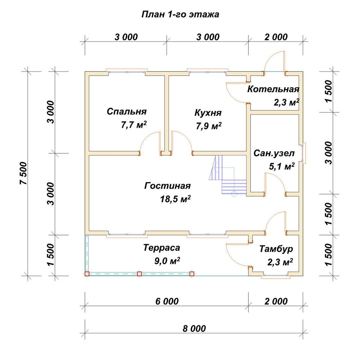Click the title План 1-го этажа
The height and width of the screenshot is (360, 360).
(x=180, y=14)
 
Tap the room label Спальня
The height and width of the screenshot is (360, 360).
(x=126, y=112)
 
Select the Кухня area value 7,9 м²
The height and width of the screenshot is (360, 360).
(x=208, y=126)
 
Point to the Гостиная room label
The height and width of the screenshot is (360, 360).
(x=167, y=185)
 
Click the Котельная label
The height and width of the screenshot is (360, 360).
(x=273, y=89)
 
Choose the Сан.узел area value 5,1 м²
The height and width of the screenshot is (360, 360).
(x=282, y=166)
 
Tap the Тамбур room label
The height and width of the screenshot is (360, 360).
(x=276, y=249)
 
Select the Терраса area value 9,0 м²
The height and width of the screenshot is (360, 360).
(x=167, y=261)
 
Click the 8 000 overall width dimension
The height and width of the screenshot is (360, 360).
(x=194, y=329)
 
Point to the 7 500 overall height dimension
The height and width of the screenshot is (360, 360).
(x=24, y=174)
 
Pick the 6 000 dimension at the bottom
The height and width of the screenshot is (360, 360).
(x=167, y=301)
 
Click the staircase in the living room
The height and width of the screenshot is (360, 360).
(x=228, y=175)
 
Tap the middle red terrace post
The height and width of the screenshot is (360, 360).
(x=139, y=274)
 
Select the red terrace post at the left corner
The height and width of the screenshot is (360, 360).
(x=87, y=274)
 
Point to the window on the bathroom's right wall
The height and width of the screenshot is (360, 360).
(x=303, y=153)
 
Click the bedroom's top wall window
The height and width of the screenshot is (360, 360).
(x=127, y=71)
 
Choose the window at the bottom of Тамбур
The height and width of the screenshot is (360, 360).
(x=275, y=276)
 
